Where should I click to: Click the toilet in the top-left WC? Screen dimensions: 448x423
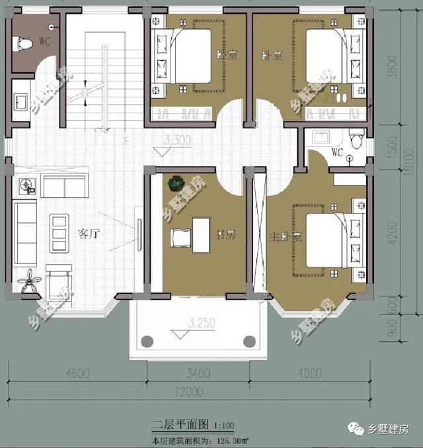click(26, 45)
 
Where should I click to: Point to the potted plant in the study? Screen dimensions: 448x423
click(176, 182)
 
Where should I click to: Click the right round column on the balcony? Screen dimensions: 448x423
click(249, 341)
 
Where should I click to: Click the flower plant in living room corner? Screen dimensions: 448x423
click(28, 281)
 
